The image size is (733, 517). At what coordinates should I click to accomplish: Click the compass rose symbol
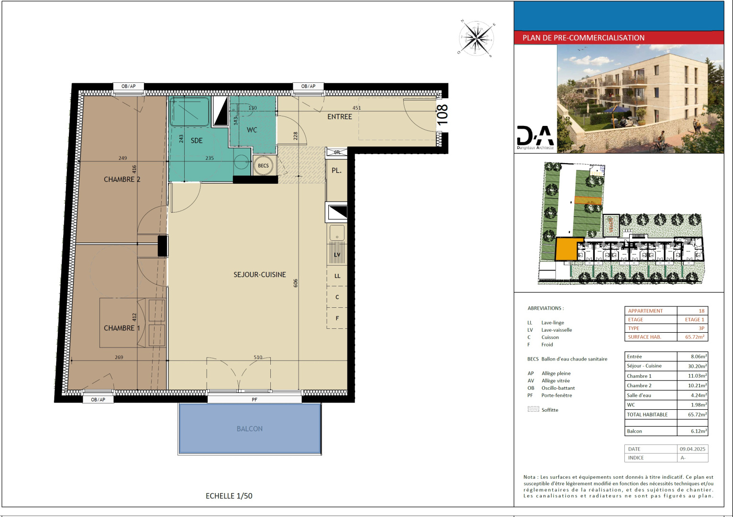pyautogui.click(x=477, y=39)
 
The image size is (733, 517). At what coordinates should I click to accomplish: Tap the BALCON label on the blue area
pyautogui.click(x=249, y=429)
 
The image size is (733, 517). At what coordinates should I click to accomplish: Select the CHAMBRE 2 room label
pyautogui.click(x=122, y=180)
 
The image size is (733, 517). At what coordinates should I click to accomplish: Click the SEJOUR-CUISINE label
pyautogui.click(x=259, y=275)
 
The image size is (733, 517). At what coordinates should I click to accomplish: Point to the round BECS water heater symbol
pyautogui.click(x=263, y=166)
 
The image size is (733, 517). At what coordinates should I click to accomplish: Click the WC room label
pyautogui.click(x=252, y=130)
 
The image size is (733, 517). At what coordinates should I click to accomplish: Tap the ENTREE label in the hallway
pyautogui.click(x=339, y=117)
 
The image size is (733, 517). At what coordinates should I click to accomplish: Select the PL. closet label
pyautogui.click(x=336, y=170)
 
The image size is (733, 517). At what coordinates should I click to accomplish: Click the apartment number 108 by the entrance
pyautogui.click(x=443, y=115)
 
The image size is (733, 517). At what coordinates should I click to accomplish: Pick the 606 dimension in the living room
pyautogui.click(x=296, y=283)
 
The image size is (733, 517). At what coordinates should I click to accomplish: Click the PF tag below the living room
pyautogui.click(x=255, y=399)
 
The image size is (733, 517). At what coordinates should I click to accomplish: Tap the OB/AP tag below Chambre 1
pyautogui.click(x=98, y=399)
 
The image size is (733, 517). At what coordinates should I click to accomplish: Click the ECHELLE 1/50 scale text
pyautogui.click(x=229, y=496)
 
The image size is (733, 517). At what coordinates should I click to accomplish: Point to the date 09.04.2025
pyautogui.click(x=692, y=449)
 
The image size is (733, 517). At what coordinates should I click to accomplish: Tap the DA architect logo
pyautogui.click(x=535, y=137)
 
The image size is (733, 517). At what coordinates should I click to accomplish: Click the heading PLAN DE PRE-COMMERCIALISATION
pyautogui.click(x=583, y=38)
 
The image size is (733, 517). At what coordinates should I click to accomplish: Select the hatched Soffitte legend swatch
pyautogui.click(x=533, y=409)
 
